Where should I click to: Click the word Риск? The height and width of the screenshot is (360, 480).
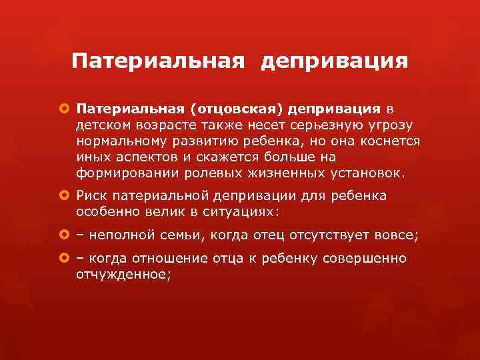[92, 196]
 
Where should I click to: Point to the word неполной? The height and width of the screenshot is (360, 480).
[122, 235]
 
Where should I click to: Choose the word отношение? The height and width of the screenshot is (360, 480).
[174, 258]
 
